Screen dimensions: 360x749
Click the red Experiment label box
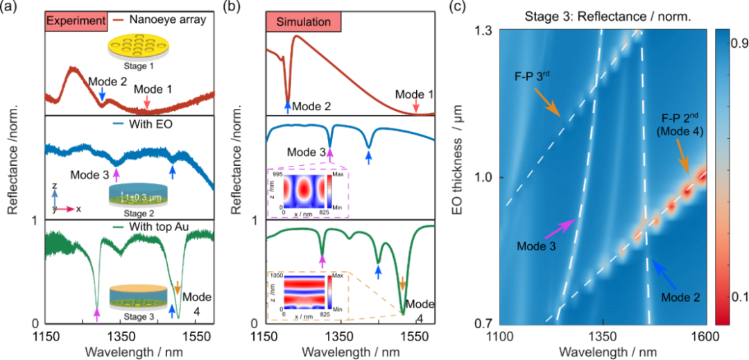point(75,22)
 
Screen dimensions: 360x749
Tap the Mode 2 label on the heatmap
point(680,297)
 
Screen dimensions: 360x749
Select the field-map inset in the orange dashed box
point(307,291)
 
